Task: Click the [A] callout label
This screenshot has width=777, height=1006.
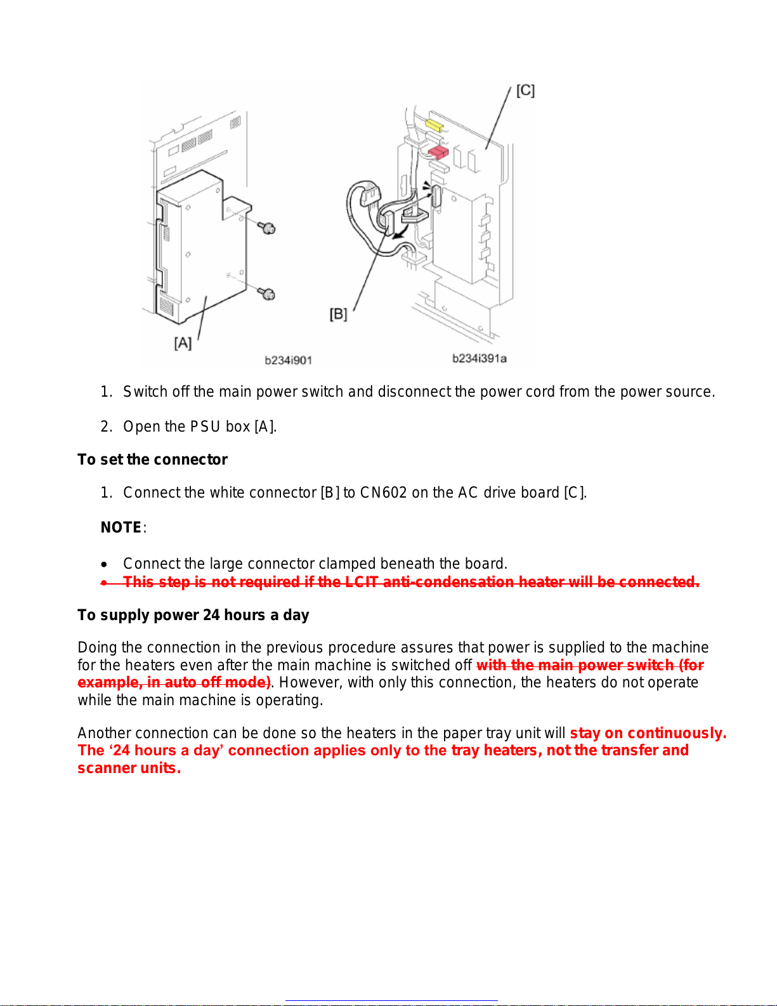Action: [183, 343]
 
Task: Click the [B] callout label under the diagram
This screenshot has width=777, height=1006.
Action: [338, 314]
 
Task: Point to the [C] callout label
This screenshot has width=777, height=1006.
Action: [525, 90]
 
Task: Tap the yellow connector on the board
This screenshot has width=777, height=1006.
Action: [434, 125]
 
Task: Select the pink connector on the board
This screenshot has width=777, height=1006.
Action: [438, 153]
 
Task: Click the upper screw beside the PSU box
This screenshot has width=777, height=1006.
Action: [267, 228]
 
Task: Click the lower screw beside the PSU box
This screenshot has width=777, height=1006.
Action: [267, 293]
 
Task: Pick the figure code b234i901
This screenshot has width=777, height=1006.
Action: [288, 360]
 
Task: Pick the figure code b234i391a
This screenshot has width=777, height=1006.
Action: [479, 359]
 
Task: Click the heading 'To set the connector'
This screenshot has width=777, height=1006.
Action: [152, 460]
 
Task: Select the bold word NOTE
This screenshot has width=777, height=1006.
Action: [121, 527]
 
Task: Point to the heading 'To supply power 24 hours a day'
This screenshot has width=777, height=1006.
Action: [193, 615]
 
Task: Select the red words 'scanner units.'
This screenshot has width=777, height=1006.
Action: [129, 768]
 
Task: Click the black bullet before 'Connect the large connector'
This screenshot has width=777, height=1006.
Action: [104, 564]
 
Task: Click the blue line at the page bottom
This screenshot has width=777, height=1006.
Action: [391, 1001]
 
